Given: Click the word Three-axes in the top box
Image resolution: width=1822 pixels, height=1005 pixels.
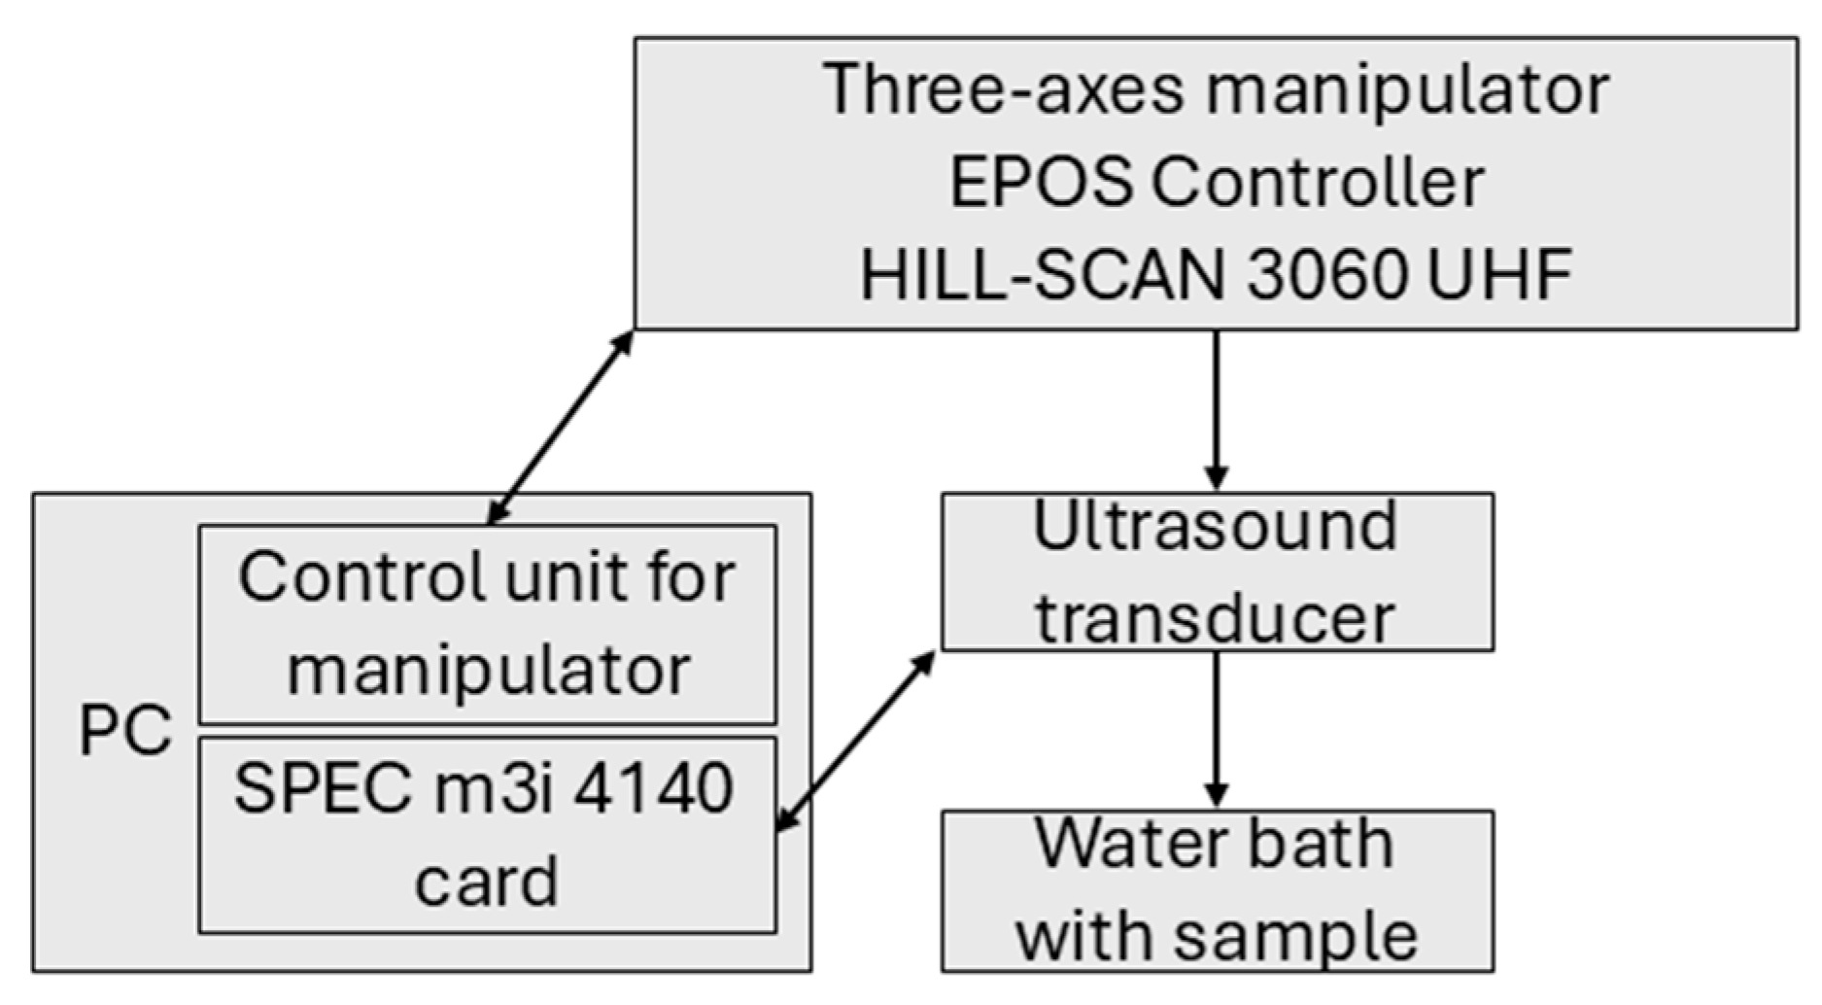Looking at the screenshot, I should (1004, 89).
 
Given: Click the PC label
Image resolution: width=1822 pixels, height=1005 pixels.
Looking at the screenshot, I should (124, 731).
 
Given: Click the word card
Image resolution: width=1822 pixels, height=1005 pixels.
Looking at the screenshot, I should (486, 881).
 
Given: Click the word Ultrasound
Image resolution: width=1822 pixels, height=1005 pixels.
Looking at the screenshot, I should (1215, 527).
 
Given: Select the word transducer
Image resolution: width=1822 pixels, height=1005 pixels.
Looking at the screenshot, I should (1215, 618).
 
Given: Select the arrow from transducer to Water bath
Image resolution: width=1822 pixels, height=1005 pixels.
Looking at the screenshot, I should (1216, 729).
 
